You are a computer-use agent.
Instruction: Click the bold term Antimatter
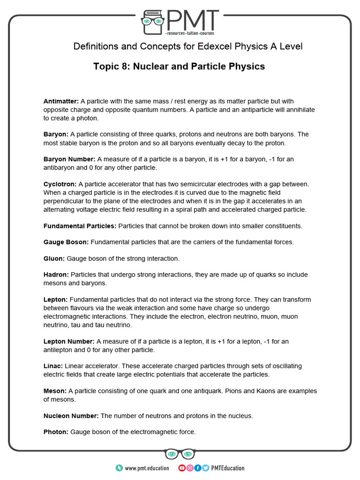61,101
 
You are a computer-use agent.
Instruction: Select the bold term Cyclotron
60,184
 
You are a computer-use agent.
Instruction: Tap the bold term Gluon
54,258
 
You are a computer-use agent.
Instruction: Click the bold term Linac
53,366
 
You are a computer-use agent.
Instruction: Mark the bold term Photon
56,432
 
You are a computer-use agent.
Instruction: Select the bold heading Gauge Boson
66,242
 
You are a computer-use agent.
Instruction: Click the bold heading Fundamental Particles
80,226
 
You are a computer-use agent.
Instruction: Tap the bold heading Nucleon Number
71,416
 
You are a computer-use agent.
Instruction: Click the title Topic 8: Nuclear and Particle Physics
179,67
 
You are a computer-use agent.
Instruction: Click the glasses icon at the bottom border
180,454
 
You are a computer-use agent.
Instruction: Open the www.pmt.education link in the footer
147,468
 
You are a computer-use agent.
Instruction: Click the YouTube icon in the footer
182,468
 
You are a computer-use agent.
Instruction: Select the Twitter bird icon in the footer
205,468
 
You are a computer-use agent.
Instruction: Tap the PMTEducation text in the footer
228,468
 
